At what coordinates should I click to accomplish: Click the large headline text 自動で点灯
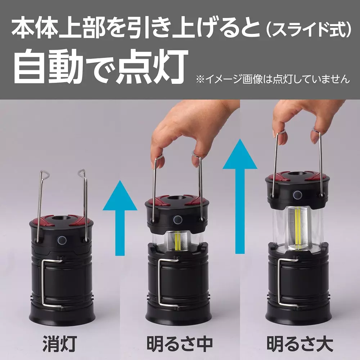[x=101, y=67]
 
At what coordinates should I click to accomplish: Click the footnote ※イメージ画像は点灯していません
[x=273, y=79]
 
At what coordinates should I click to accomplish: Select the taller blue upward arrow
[x=240, y=202]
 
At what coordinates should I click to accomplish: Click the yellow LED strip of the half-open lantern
[x=178, y=240]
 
